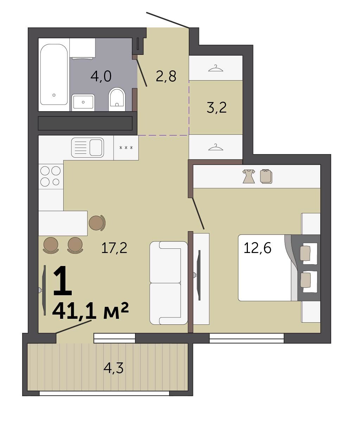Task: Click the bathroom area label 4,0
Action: tap(101, 76)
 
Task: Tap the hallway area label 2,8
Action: tap(166, 76)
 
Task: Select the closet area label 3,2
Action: tap(217, 107)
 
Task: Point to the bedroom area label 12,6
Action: tap(257, 248)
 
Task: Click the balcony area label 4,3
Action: tap(113, 368)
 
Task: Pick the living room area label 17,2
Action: tap(114, 248)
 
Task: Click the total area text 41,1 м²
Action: tap(90, 311)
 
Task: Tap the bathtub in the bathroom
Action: tap(54, 75)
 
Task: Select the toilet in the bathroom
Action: tap(117, 99)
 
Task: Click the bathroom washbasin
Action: tap(83, 102)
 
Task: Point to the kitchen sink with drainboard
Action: tap(88, 147)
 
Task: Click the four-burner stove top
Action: tap(51, 176)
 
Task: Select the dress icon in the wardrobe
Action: tap(249, 176)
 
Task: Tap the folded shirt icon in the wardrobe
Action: tap(266, 176)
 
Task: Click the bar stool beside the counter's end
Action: tap(97, 223)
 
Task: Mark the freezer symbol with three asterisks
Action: tap(126, 147)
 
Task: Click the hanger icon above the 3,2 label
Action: tap(216, 68)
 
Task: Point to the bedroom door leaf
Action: tap(198, 213)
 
